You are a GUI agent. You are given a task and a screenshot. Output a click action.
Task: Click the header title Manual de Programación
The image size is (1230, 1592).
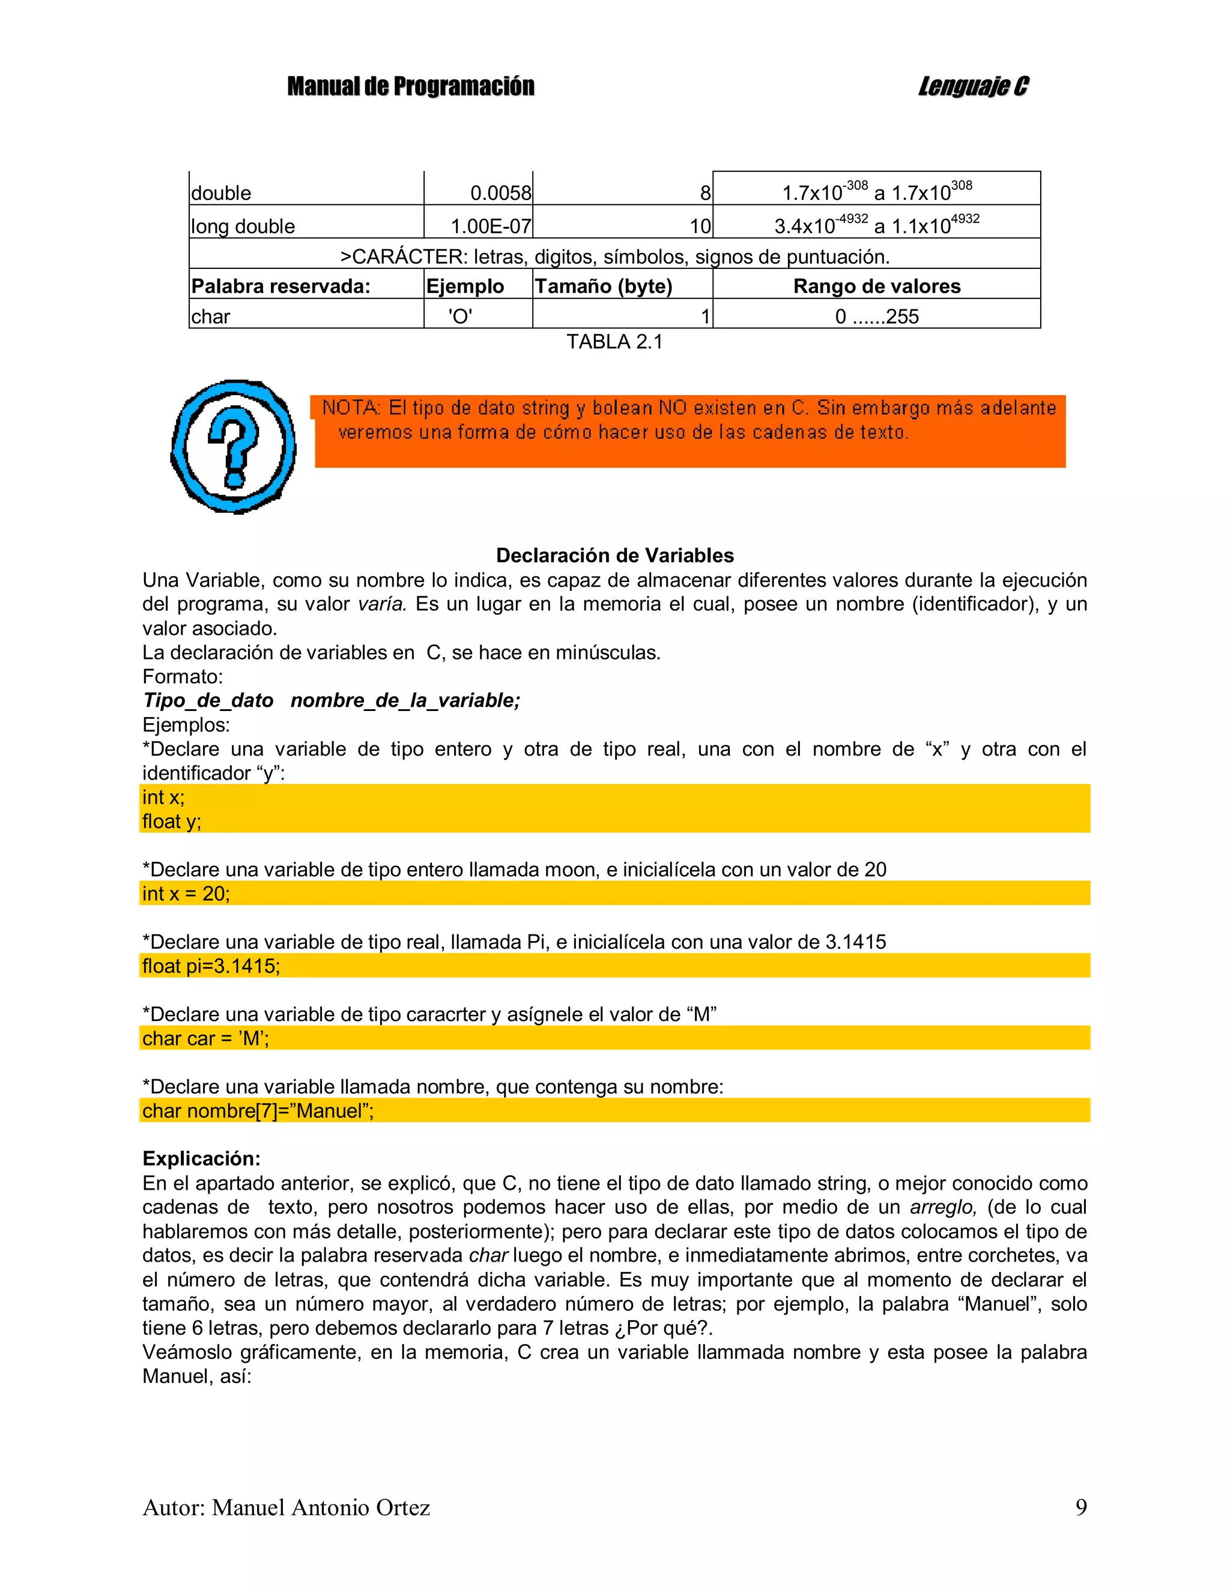click(x=410, y=86)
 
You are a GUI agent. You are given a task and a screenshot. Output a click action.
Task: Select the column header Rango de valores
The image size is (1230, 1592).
click(x=876, y=286)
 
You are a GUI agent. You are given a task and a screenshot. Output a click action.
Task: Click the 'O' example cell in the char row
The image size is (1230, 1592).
click(x=460, y=317)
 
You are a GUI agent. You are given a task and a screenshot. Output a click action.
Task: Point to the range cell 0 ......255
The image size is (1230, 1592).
click(x=876, y=317)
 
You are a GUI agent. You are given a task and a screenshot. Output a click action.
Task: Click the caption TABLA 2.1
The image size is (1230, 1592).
click(x=614, y=342)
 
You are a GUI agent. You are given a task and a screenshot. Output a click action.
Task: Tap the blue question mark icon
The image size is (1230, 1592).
click(x=233, y=446)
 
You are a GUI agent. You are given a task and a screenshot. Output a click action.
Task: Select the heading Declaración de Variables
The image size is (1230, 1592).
click(x=614, y=555)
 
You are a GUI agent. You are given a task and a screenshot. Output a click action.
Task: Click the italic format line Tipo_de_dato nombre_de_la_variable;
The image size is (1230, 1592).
click(x=332, y=700)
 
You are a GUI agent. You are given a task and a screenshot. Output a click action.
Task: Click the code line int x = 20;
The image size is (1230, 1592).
click(x=186, y=894)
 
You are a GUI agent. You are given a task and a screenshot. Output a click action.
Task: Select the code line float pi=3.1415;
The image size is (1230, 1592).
click(x=211, y=966)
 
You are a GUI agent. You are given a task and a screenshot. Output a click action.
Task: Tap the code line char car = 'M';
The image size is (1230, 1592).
click(x=205, y=1038)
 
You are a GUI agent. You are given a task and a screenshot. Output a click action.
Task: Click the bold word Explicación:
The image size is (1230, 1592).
click(x=201, y=1159)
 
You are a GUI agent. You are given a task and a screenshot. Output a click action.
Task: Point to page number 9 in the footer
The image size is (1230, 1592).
click(x=1080, y=1507)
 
